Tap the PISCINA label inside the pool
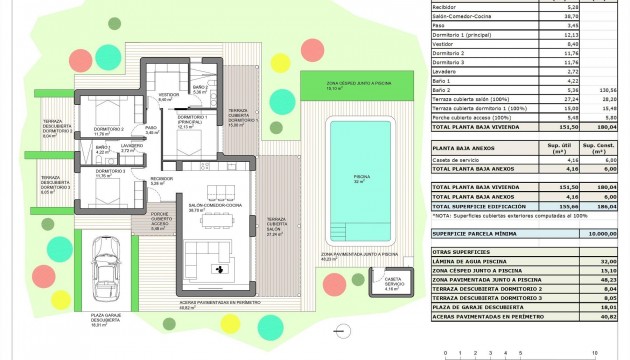point(360,177)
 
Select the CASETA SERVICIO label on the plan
point(393,283)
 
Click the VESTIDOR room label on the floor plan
point(168,98)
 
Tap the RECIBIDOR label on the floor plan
point(157,182)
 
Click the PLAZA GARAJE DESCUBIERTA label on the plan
point(97,323)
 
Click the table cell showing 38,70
point(545,17)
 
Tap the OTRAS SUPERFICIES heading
point(460,250)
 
